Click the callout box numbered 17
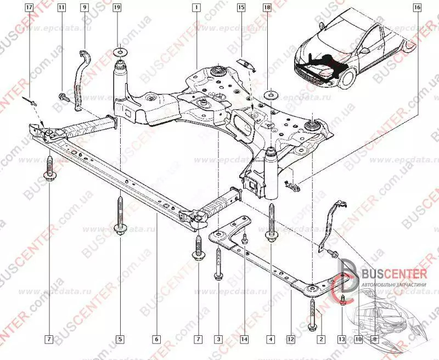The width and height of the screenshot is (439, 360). tap(29, 8)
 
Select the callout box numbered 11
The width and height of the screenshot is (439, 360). tap(61, 8)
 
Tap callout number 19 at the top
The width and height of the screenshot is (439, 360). tap(117, 8)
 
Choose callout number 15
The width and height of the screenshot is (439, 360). tap(241, 8)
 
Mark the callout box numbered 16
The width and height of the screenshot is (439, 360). tap(417, 8)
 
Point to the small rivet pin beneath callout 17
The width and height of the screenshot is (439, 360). tap(32, 101)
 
